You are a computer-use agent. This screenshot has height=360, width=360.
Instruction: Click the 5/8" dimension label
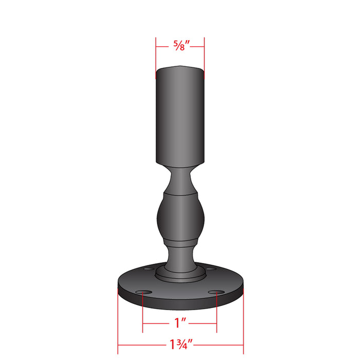point(182,45)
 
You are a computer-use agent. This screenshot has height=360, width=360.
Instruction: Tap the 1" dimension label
point(180,323)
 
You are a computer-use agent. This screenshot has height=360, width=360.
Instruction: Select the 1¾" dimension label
point(181,344)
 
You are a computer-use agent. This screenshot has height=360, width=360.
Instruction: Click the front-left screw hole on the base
point(143,292)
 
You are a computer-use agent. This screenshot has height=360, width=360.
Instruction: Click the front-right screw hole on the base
point(217,292)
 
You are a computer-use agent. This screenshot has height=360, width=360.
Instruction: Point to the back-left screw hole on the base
point(149,268)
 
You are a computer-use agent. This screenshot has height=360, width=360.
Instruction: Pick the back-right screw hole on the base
point(210,268)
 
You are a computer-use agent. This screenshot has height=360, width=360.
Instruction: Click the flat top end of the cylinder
point(180,68)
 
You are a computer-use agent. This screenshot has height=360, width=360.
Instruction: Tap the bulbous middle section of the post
point(181,217)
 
